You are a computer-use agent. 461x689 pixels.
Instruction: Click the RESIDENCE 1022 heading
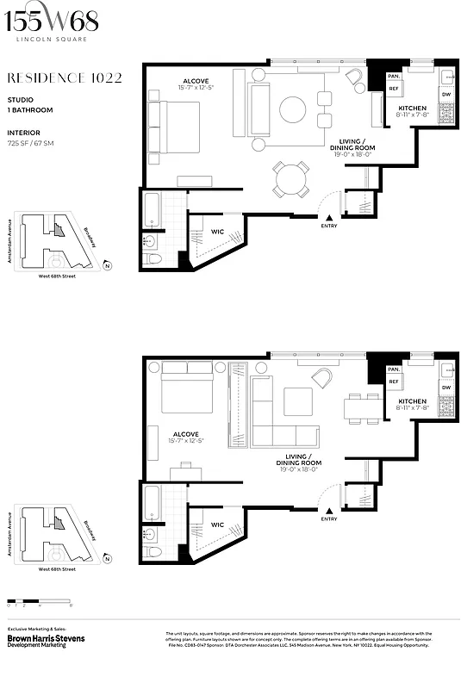(x=65, y=78)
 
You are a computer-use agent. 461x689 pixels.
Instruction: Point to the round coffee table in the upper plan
(x=292, y=109)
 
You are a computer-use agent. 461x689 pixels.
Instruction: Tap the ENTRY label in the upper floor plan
(x=329, y=226)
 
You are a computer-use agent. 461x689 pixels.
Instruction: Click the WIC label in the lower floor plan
(x=217, y=524)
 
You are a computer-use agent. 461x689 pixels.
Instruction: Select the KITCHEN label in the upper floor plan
(x=412, y=108)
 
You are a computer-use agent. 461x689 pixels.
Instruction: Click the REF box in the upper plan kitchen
(x=394, y=88)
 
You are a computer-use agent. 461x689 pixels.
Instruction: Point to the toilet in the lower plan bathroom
(x=152, y=551)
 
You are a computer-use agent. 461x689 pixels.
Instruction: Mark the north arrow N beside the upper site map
(x=106, y=266)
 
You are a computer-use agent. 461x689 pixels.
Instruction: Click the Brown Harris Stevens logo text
(x=48, y=639)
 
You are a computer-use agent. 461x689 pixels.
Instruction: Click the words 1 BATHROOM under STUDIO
(x=30, y=110)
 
